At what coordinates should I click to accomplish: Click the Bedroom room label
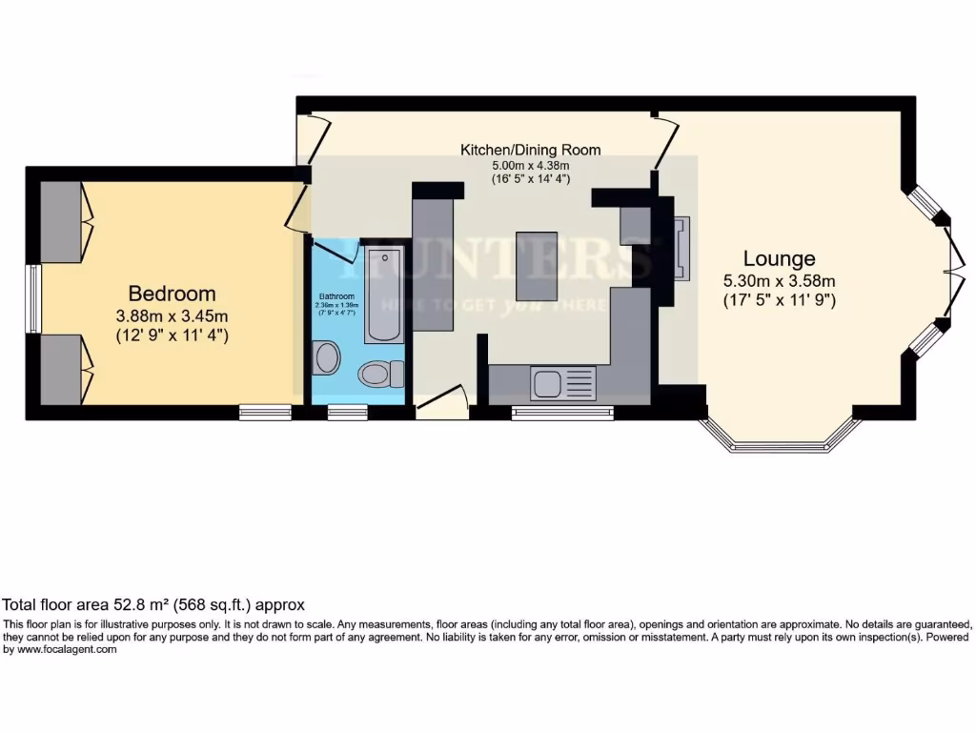pos(172,294)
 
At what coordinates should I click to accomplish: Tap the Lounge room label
pos(779,258)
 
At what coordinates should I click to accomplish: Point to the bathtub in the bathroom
pos(383,295)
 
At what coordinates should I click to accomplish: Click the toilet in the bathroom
pos(378,374)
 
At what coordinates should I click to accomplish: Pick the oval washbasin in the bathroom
pos(327,358)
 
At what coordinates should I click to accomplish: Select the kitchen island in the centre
pos(537,265)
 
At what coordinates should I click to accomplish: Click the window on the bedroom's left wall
pos(33,299)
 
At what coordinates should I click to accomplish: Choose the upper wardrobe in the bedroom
pos(61,219)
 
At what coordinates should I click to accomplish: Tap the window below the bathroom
pos(347,412)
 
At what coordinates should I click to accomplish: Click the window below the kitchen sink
pos(561,413)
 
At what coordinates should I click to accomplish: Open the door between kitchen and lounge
pos(663,143)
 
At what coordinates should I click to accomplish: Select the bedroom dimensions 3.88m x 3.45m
pos(172,316)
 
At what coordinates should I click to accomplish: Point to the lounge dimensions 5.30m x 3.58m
pos(779,280)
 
